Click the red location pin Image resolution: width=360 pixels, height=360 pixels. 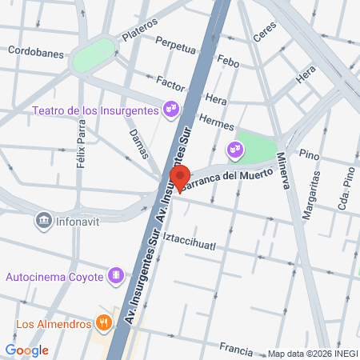(x=179, y=178)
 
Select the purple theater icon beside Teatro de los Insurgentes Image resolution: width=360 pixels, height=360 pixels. (x=170, y=109)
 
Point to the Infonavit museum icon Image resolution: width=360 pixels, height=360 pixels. (x=44, y=218)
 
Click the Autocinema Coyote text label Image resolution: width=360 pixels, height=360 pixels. (x=54, y=277)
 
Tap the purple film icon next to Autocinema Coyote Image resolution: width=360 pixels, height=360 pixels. (x=117, y=276)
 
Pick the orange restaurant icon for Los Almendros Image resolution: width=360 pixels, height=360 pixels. (x=103, y=324)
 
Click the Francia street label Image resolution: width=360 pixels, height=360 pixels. (x=236, y=350)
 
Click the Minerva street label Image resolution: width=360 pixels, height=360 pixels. (x=282, y=170)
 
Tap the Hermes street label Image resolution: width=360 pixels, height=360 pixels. (x=217, y=122)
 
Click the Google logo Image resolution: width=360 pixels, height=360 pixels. (x=26, y=350)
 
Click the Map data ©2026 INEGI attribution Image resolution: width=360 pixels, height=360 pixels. (x=312, y=354)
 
